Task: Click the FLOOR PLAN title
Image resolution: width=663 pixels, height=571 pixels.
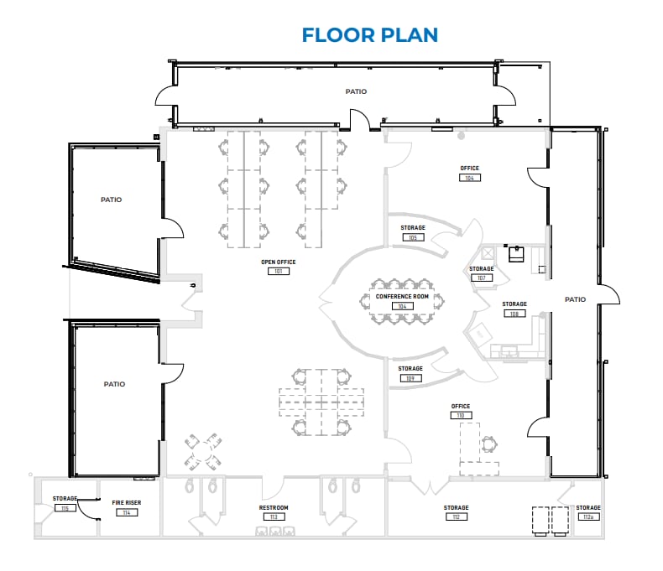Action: (370, 34)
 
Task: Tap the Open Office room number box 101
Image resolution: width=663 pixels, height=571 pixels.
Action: (279, 271)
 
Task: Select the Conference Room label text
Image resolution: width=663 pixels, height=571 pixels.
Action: (402, 297)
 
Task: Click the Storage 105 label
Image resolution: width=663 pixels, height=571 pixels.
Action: (412, 228)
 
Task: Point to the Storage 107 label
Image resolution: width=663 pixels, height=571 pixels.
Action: (481, 269)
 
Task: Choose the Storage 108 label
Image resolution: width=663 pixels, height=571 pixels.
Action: (514, 304)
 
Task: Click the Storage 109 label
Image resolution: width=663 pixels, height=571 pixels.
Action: (410, 369)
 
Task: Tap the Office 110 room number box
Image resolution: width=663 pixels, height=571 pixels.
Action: (461, 416)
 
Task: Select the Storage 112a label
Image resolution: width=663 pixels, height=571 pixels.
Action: (588, 508)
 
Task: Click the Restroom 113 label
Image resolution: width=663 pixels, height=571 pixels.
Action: (274, 508)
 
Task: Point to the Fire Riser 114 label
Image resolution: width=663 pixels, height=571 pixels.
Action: (127, 502)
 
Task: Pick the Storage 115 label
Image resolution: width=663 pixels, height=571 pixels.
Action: (65, 499)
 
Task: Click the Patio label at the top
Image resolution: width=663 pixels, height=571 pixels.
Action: (356, 91)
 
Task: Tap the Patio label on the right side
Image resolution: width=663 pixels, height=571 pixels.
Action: (575, 299)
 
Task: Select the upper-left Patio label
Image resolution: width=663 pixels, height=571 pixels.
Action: (111, 200)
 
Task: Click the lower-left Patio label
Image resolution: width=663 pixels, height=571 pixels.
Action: (114, 384)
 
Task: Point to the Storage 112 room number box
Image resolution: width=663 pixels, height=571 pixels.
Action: (457, 516)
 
